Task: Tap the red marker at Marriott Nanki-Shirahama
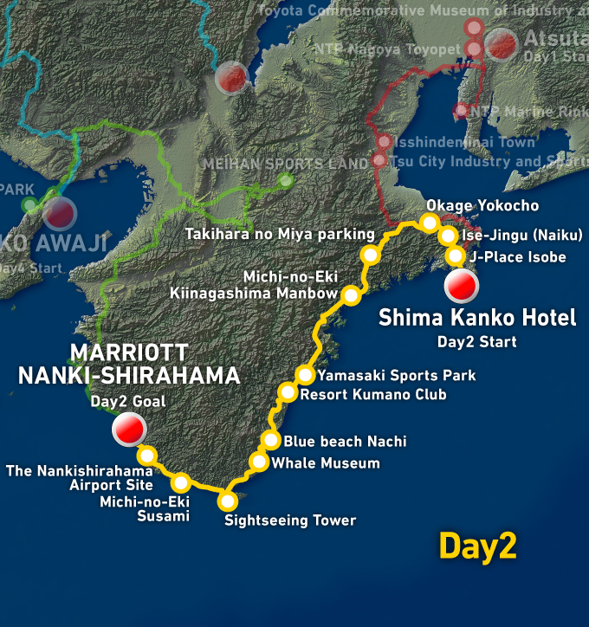coord(129,428)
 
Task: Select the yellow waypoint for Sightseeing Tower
coord(228,501)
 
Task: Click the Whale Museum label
coord(326,463)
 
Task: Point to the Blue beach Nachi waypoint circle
coord(271,441)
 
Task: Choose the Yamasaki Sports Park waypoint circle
coord(305,375)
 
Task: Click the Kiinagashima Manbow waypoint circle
coord(352,296)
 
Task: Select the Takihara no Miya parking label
coord(280,235)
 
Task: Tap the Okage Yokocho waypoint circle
coord(430,223)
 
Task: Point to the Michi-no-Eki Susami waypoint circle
coord(181,482)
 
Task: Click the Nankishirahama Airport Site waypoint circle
coord(147,455)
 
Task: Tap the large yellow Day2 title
coord(477,546)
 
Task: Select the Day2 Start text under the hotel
coord(476,341)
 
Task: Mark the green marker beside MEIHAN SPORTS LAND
coord(285,181)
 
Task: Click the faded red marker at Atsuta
coord(502,43)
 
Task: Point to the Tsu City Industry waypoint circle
coord(379,160)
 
